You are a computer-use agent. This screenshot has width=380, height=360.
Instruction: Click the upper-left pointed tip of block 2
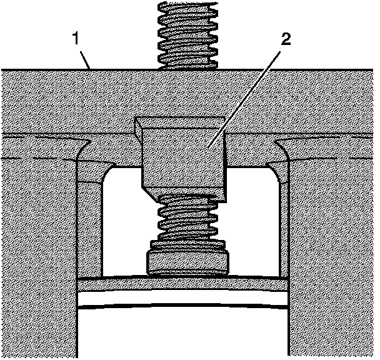tap(137, 121)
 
